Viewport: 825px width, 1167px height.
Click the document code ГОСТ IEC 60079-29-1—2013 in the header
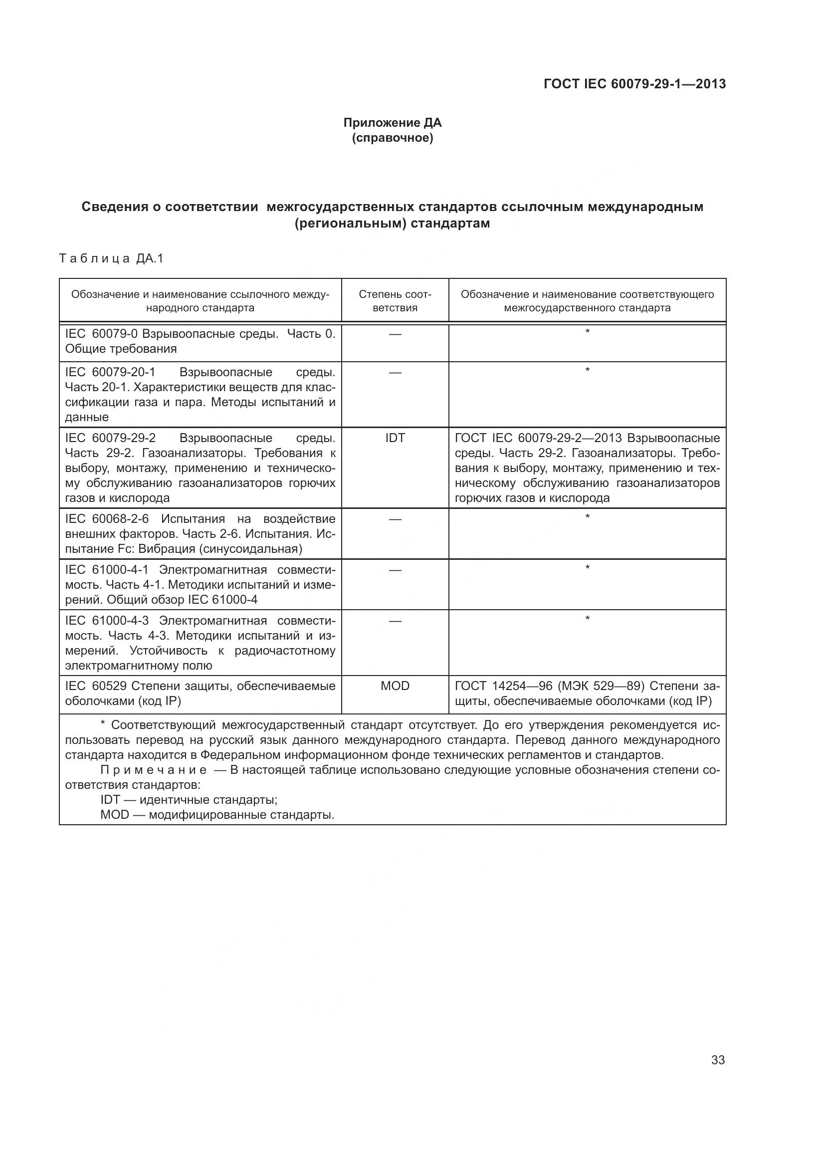tap(634, 84)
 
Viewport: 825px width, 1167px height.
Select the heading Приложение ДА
tap(392, 123)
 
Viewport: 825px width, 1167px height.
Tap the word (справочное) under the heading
tap(392, 138)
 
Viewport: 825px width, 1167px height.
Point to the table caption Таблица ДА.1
tap(112, 259)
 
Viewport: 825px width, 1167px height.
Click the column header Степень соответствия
tap(395, 301)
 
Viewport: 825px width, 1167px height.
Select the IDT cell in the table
tap(395, 438)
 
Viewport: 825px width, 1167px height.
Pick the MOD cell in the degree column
tap(395, 686)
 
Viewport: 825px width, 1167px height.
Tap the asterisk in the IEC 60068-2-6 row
tap(587, 517)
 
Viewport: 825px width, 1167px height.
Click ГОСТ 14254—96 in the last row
tap(503, 686)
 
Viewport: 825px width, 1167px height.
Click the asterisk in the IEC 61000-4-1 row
tap(587, 568)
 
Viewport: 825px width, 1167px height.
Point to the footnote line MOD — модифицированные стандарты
tap(217, 815)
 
